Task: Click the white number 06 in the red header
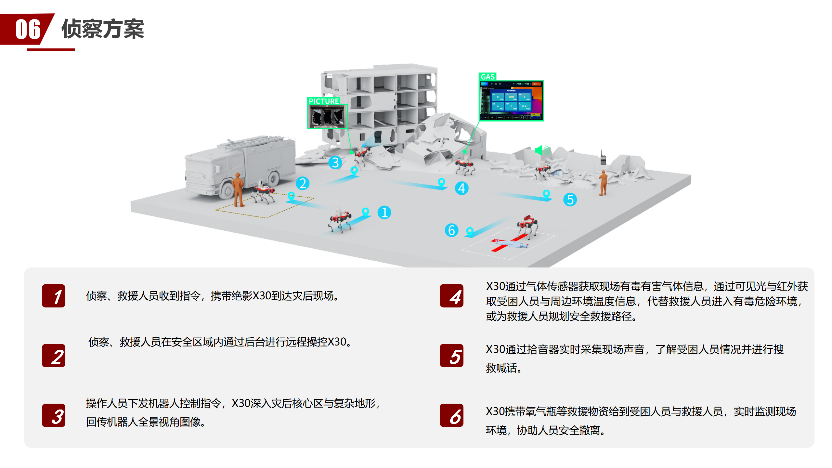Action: point(28,29)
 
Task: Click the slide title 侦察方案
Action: point(103,29)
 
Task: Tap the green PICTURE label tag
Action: point(324,101)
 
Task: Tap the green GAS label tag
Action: point(487,77)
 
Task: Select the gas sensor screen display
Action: point(512,101)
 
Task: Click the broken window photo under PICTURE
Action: point(327,117)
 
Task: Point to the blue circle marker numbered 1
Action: point(384,213)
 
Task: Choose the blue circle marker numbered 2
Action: point(303,184)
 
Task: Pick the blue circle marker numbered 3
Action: point(335,162)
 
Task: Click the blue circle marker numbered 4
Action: point(461,188)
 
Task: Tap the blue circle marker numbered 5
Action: point(570,200)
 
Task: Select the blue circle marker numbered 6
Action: point(451,230)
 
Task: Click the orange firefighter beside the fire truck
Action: point(239,190)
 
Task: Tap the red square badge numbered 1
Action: point(54,296)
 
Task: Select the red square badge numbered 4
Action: point(451,296)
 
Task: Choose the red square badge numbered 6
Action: point(451,415)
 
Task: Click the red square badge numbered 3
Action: point(54,415)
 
